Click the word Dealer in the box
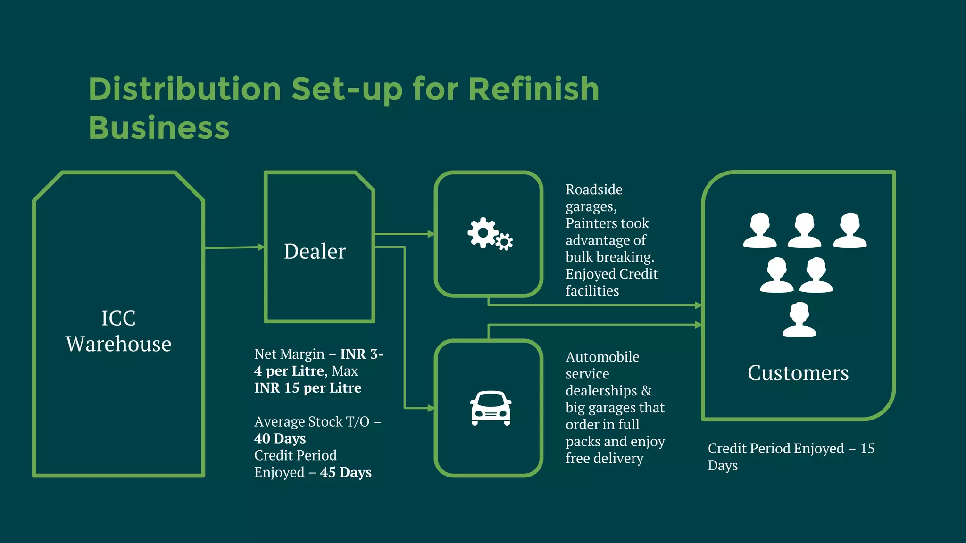click(x=315, y=251)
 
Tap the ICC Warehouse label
click(x=118, y=331)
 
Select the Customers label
click(x=798, y=373)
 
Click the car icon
click(x=491, y=408)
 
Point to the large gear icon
click(x=483, y=232)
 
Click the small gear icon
click(x=504, y=242)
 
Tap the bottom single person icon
click(x=799, y=320)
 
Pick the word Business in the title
click(x=159, y=128)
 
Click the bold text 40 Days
click(x=280, y=438)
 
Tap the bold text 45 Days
click(x=346, y=472)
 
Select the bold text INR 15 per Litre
click(x=308, y=388)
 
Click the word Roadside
click(x=594, y=189)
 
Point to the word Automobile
click(x=602, y=357)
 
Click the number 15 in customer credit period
click(x=867, y=448)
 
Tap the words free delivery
click(x=605, y=458)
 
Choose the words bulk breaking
click(x=610, y=257)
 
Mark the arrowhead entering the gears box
click(x=431, y=234)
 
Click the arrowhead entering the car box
click(x=431, y=408)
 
